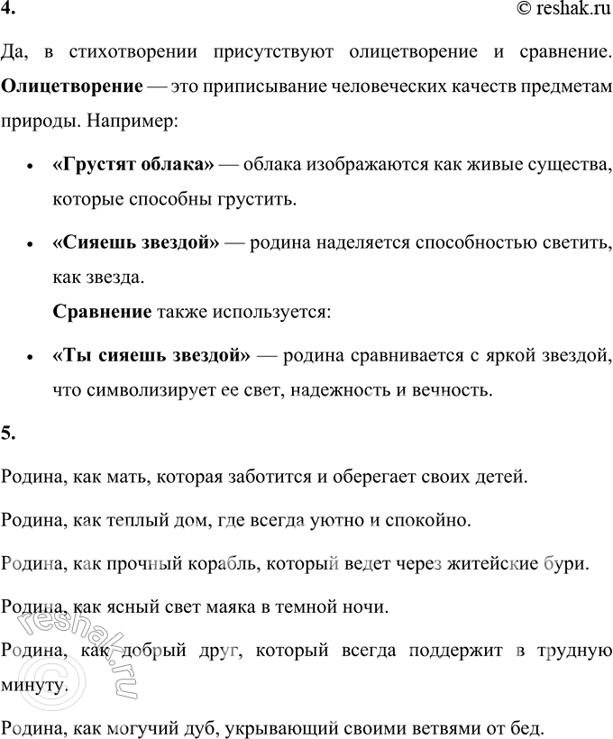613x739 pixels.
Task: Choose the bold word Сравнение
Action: point(102,312)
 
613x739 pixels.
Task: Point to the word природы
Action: point(33,117)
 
